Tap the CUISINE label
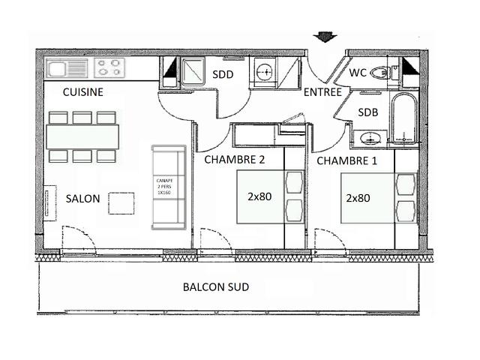click(82, 92)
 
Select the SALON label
click(82, 199)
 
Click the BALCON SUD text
click(216, 287)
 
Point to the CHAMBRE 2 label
click(235, 159)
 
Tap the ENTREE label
click(322, 92)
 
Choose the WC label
click(358, 73)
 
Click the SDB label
click(367, 112)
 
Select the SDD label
click(223, 74)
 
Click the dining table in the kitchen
click(82, 136)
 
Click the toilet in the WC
click(381, 73)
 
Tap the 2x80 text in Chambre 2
click(259, 196)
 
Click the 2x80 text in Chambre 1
click(358, 198)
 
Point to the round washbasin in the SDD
click(264, 72)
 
